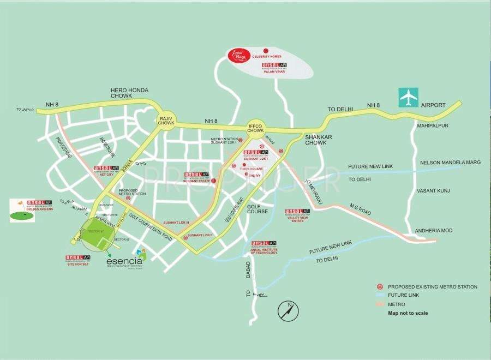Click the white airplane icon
(408, 97)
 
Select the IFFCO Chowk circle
(255, 128)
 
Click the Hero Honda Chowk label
(129, 93)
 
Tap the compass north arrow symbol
(288, 311)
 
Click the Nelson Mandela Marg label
(450, 163)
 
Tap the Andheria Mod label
(435, 231)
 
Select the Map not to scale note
(408, 313)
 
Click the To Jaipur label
(25, 110)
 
